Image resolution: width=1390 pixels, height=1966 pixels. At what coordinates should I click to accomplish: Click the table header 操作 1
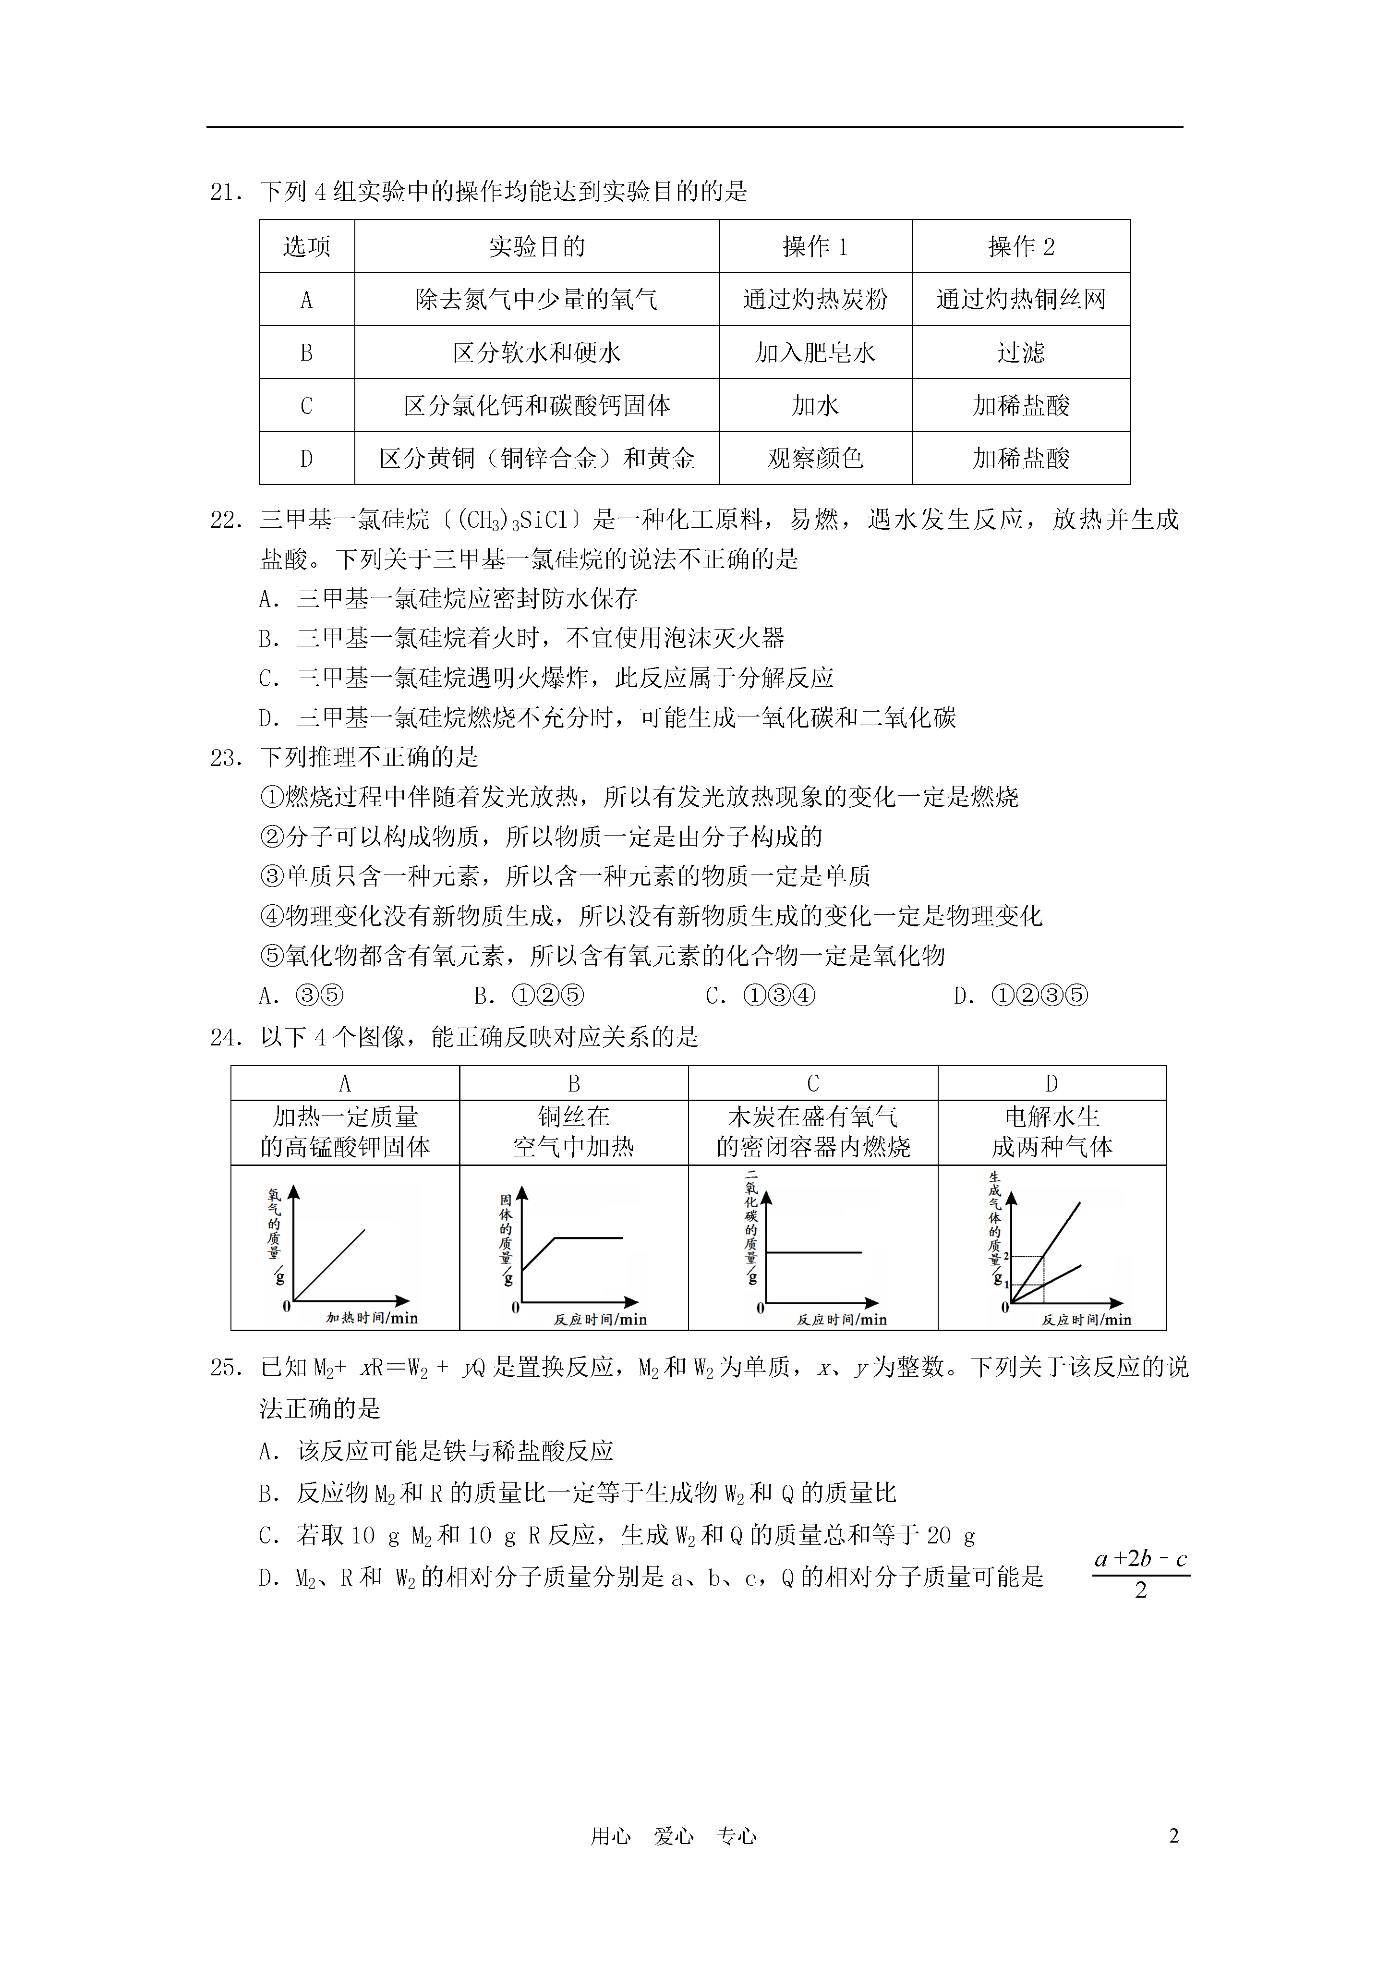[x=815, y=247]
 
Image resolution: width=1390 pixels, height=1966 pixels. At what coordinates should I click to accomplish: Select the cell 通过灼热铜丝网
[x=1020, y=300]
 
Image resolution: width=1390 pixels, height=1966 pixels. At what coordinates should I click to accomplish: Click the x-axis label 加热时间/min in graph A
[x=372, y=1318]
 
